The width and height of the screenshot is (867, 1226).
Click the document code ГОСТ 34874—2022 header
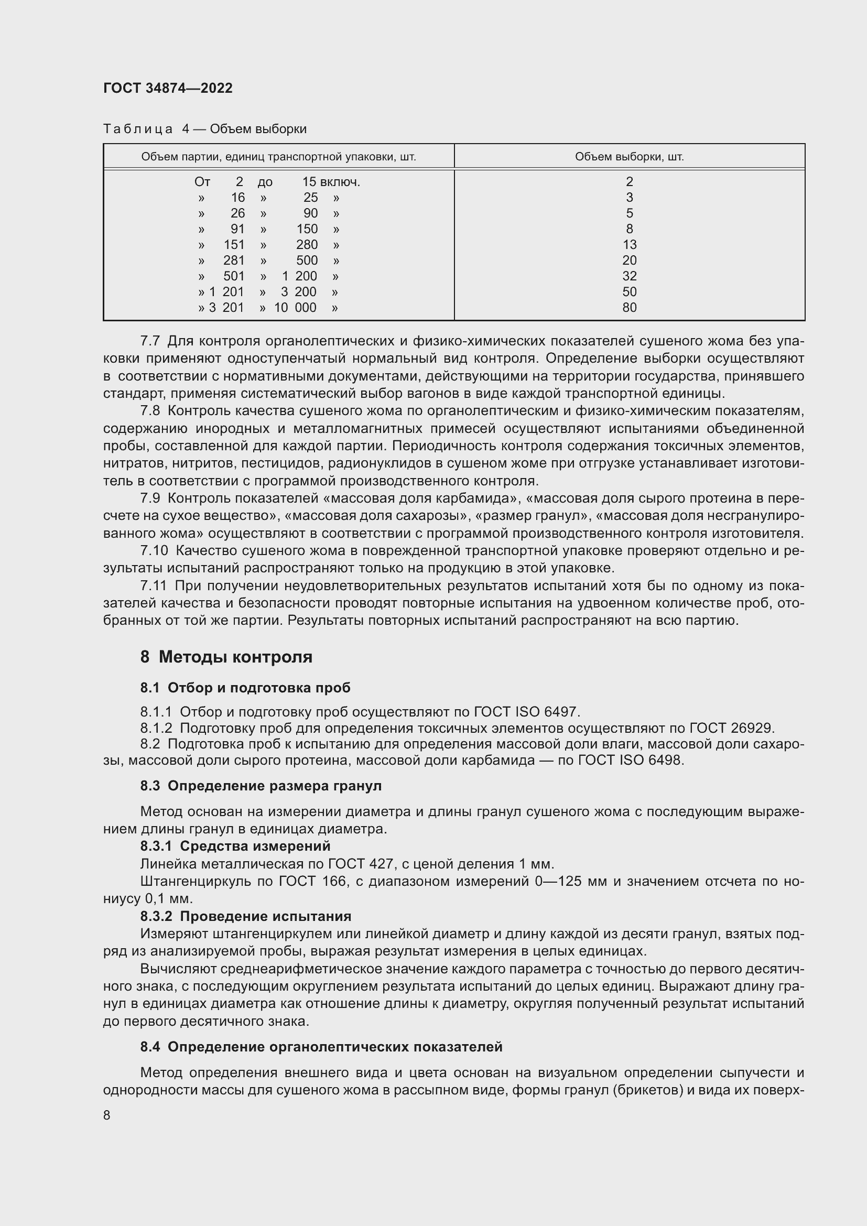point(168,88)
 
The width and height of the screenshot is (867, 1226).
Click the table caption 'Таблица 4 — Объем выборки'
point(204,129)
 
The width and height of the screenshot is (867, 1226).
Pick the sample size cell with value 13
point(629,245)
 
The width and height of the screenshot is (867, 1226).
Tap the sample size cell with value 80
point(629,308)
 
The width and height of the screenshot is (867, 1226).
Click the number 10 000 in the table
point(295,308)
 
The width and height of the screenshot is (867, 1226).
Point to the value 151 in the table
point(234,245)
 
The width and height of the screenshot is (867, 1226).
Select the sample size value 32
point(629,276)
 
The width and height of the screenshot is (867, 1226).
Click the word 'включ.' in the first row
point(340,182)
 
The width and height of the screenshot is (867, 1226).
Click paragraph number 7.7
point(150,341)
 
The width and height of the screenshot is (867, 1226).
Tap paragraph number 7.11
point(153,586)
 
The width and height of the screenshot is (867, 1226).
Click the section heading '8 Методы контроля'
point(226,657)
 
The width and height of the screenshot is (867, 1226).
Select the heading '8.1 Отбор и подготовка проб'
point(245,688)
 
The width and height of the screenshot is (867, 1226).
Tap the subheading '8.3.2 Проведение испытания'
point(245,916)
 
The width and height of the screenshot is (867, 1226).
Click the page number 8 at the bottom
point(107,1115)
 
